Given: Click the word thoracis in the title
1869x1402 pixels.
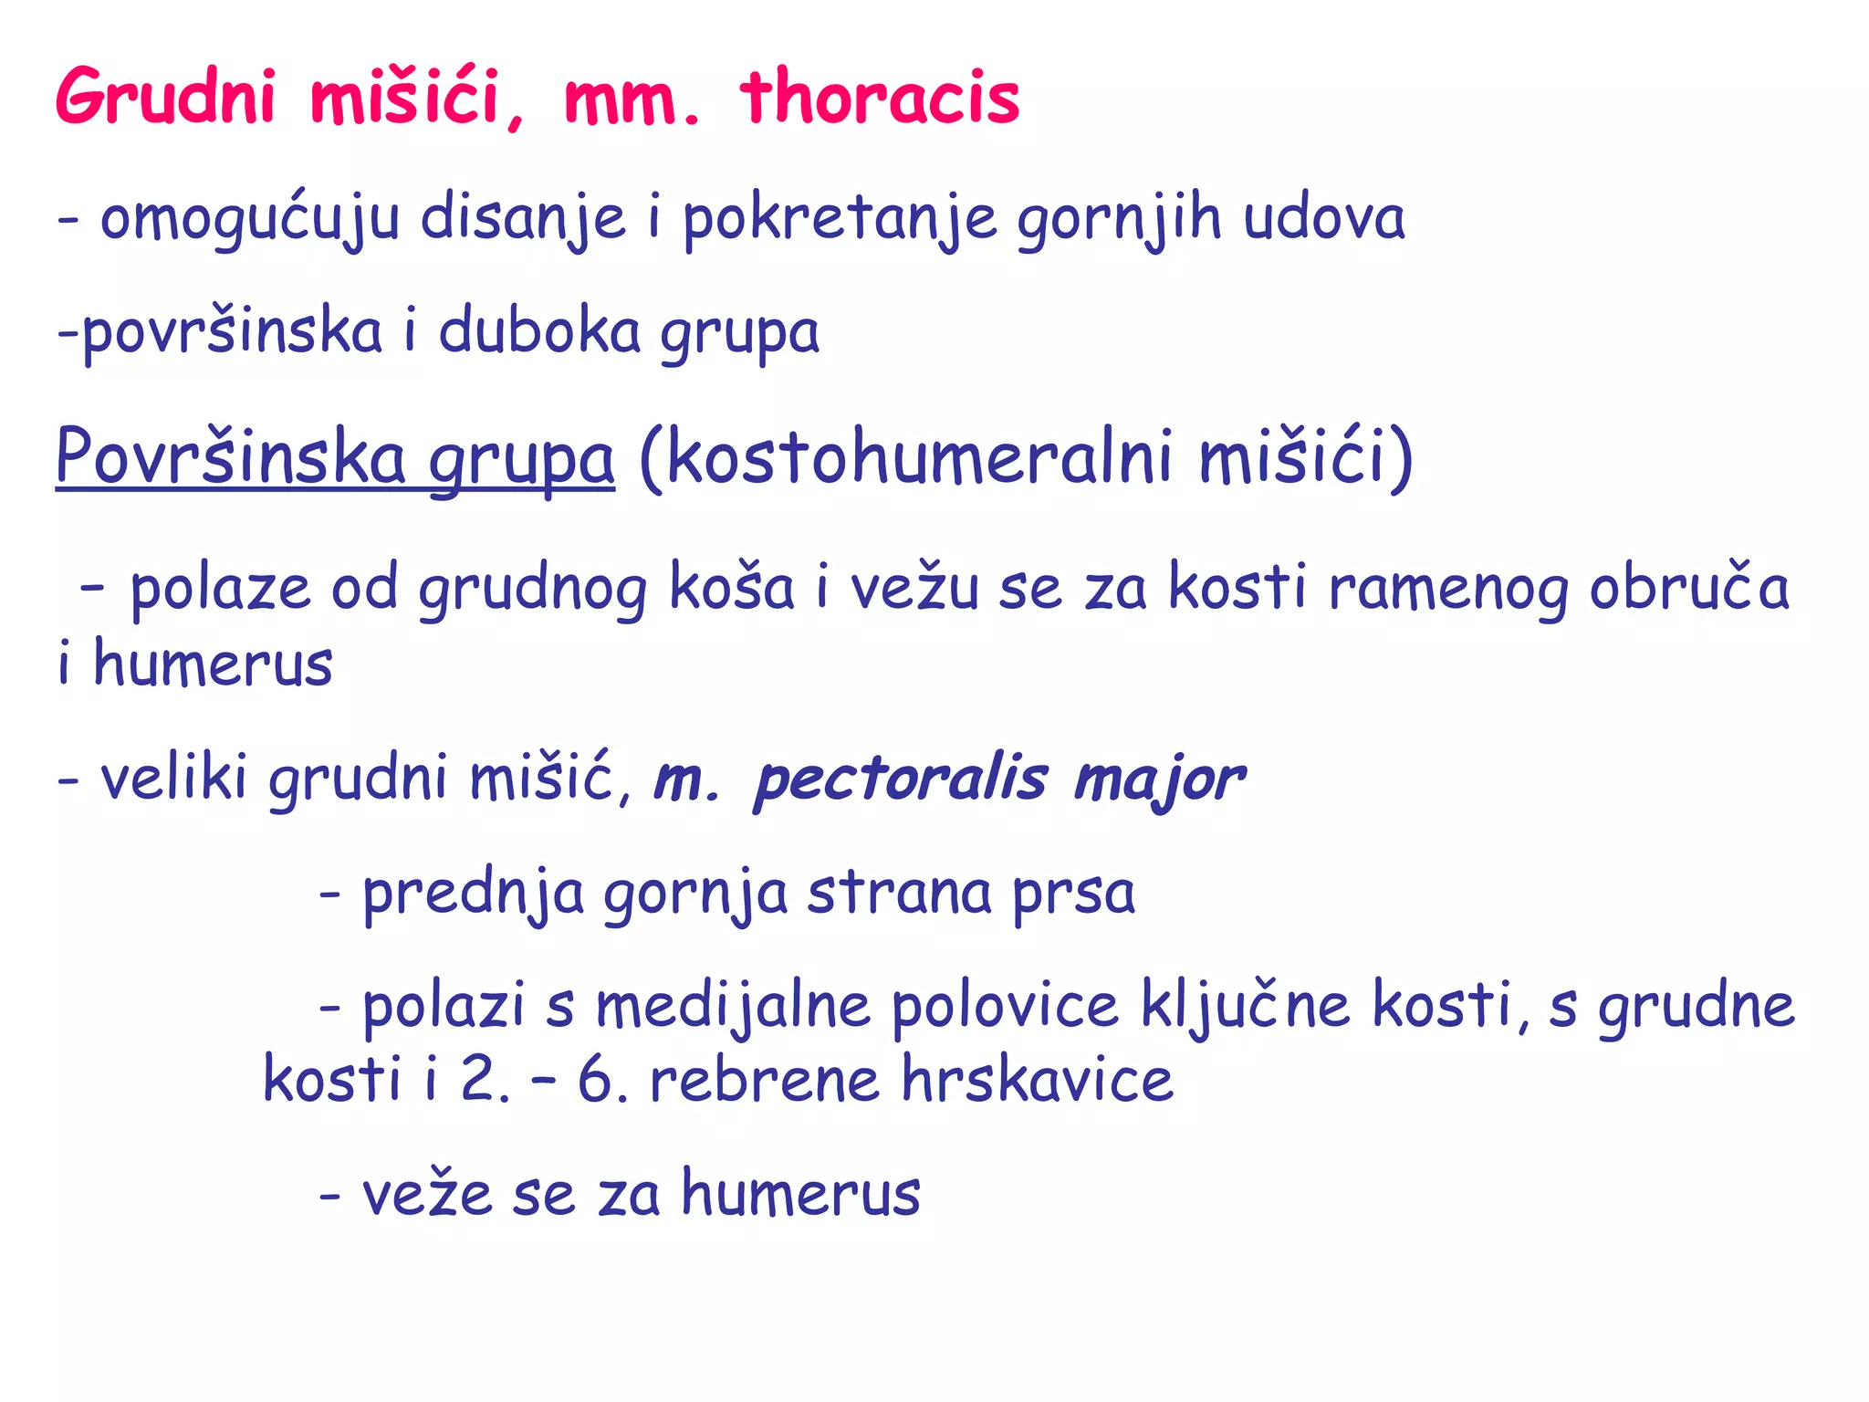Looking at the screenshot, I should point(880,97).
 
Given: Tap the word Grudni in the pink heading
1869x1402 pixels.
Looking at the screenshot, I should point(165,97).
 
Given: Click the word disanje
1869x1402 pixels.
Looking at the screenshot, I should point(522,219).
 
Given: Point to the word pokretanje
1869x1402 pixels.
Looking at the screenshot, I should point(840,219).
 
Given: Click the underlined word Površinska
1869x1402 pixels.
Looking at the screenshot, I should point(230,456).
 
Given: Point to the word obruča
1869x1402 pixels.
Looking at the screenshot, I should point(1688,589).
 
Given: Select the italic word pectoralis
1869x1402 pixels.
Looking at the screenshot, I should point(901,780).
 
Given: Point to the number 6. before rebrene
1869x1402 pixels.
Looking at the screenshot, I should point(601,1080).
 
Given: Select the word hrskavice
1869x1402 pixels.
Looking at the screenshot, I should point(1037,1080).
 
